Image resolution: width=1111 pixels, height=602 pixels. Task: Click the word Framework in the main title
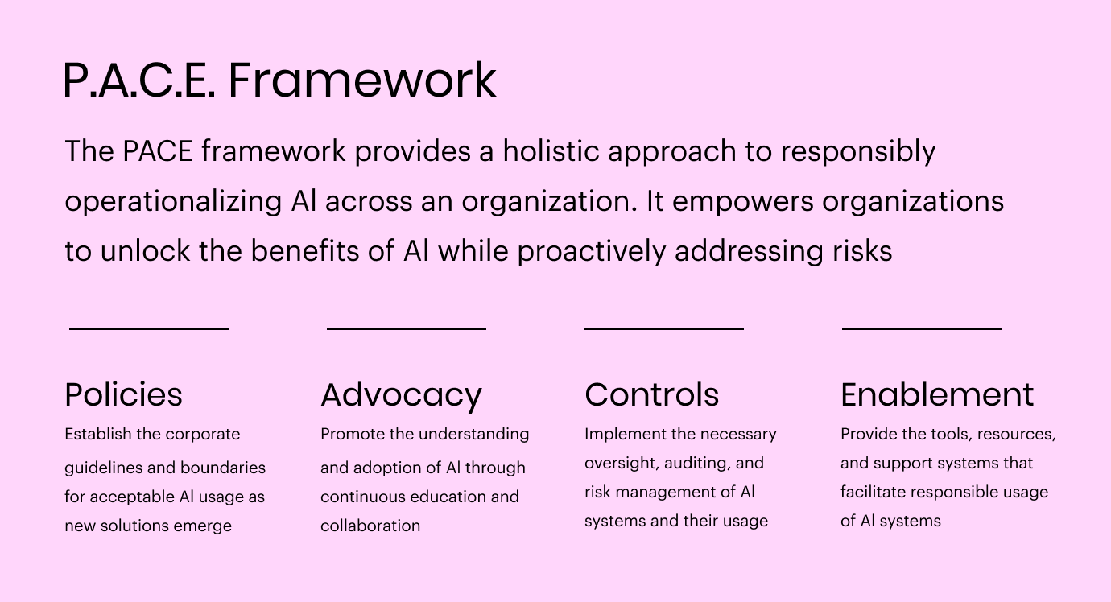(362, 80)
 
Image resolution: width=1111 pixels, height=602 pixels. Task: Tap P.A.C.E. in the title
(139, 80)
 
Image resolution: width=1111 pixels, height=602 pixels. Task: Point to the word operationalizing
(174, 202)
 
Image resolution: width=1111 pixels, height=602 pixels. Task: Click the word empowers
(743, 202)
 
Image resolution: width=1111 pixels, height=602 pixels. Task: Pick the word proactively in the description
(592, 251)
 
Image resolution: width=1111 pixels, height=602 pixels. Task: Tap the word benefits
(305, 250)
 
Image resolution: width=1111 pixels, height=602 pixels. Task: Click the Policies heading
(123, 394)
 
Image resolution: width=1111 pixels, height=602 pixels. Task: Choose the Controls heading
(652, 394)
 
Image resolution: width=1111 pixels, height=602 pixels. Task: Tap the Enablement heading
(937, 394)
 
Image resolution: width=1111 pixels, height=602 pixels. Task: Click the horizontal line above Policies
(149, 329)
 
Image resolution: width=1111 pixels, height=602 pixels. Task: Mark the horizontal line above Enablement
(922, 329)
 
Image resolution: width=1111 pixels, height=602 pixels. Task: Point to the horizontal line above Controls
(664, 329)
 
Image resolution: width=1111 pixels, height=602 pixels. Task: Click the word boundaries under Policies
(223, 468)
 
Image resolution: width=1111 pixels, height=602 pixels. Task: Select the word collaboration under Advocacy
(370, 526)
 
